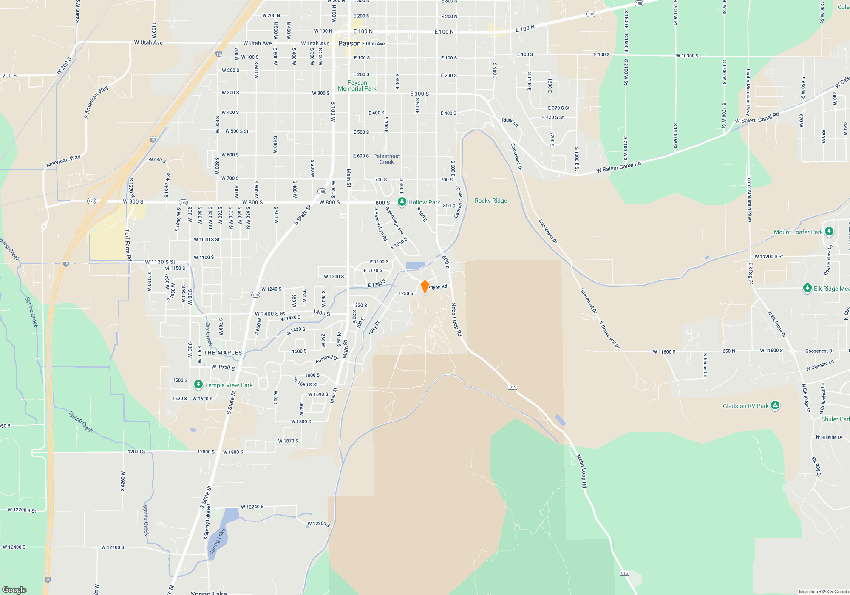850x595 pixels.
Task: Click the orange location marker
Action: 425,286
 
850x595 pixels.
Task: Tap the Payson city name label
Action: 349,43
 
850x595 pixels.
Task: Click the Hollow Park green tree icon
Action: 402,202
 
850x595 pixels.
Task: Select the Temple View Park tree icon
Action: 198,385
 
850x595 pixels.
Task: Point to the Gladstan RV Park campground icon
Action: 775,405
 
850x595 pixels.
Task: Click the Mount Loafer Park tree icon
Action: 829,232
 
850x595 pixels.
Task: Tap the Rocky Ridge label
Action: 490,201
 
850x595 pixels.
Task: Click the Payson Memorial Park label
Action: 357,85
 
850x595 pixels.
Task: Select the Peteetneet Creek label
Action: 386,159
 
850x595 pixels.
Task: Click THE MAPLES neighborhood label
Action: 223,353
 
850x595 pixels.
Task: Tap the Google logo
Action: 14,589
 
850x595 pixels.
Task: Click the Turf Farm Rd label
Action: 128,245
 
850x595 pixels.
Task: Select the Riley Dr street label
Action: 374,328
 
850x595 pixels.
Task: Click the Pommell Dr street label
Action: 327,359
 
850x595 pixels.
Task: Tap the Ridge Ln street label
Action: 510,122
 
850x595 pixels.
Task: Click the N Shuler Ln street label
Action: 705,365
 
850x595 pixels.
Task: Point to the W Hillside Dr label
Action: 829,437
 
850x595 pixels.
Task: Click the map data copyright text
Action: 823,592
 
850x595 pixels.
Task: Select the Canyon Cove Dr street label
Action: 458,202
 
